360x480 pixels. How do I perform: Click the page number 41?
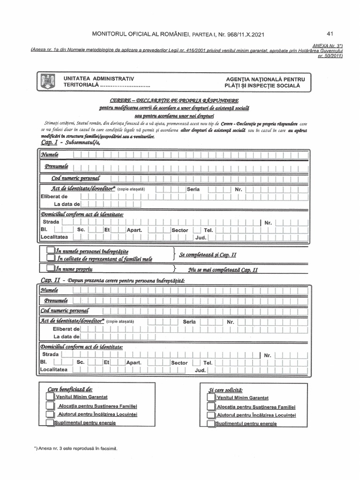pos(330,34)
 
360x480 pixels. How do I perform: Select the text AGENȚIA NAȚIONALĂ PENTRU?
pos(265,78)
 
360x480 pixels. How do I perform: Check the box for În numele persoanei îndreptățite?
pos(50,251)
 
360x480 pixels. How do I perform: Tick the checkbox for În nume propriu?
pos(50,269)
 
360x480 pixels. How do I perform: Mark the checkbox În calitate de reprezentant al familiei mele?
pos(50,258)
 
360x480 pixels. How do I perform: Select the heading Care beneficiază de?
pos(70,389)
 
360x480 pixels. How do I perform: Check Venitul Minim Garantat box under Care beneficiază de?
pos(50,397)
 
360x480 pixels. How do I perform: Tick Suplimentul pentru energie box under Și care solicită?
pos(211,424)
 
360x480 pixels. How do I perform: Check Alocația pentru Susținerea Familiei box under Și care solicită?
pos(211,406)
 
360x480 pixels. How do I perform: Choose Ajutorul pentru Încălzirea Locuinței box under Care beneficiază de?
pos(50,414)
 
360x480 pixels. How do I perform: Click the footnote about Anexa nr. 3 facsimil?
pos(75,448)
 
